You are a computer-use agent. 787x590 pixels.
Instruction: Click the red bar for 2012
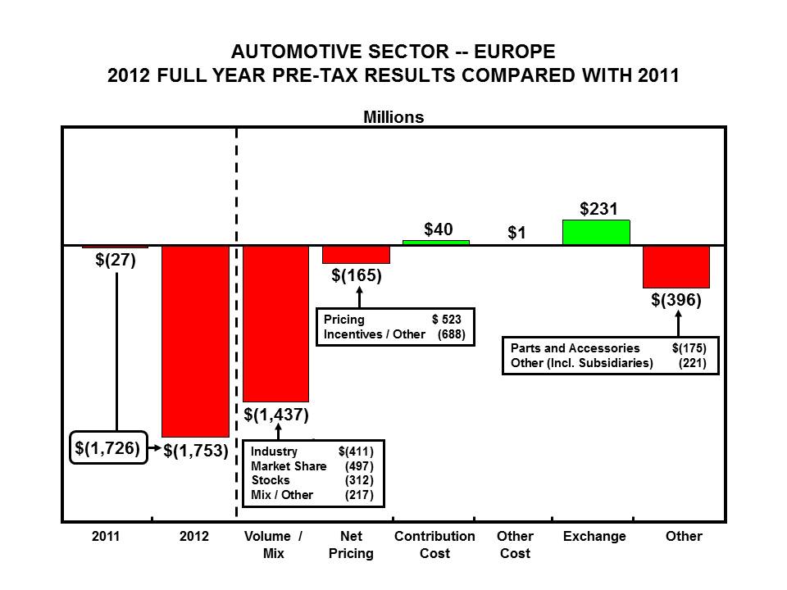[x=195, y=340]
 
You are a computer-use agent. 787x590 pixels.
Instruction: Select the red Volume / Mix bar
[x=276, y=323]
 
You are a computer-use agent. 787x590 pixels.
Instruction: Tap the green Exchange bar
[x=596, y=233]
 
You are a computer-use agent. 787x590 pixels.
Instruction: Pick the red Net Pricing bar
[x=356, y=254]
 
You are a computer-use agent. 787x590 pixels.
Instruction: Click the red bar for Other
[x=676, y=266]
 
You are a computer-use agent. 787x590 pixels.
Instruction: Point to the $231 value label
[x=597, y=209]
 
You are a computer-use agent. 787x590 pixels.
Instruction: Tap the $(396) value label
[x=676, y=301]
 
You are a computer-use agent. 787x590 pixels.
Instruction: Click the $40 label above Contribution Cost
[x=439, y=229]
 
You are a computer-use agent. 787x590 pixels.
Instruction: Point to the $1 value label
[x=516, y=234]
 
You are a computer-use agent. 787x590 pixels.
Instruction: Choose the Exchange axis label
[x=595, y=536]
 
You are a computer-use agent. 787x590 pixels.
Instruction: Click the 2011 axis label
[x=106, y=536]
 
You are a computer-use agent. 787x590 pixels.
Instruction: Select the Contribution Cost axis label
[x=434, y=544]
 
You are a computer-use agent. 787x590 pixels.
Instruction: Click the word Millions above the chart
[x=393, y=117]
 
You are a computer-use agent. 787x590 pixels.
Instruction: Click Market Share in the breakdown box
[x=289, y=466]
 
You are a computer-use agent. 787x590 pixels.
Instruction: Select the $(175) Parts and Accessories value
[x=689, y=348]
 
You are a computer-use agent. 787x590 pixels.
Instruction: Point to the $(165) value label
[x=357, y=275]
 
